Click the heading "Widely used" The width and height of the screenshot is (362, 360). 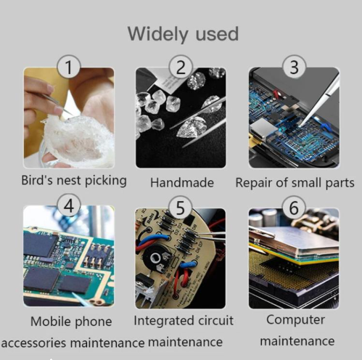(183, 34)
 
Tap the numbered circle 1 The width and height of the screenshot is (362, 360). (69, 67)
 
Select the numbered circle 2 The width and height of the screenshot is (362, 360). (181, 67)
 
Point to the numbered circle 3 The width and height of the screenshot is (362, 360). (294, 67)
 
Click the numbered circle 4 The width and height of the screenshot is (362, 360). (69, 206)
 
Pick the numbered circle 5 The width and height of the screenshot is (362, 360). (180, 208)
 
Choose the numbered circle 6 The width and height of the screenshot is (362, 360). (294, 208)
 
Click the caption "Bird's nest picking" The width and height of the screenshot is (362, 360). (74, 181)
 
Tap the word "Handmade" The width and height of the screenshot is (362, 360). (182, 183)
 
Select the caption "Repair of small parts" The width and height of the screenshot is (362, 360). (295, 183)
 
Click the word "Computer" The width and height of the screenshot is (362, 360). (295, 320)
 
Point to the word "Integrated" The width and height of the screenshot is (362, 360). (164, 321)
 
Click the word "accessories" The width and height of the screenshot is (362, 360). (33, 343)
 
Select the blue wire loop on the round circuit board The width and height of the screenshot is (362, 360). (151, 240)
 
